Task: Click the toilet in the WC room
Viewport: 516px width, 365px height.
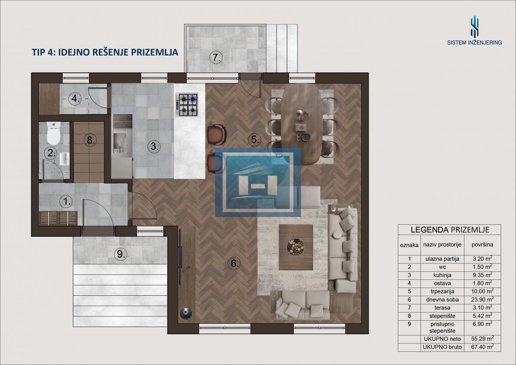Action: tap(54, 133)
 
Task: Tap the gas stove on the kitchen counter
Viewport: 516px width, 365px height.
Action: tap(187, 105)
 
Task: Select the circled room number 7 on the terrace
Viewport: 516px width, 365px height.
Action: tap(216, 57)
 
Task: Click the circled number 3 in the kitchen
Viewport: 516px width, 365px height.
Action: tap(154, 146)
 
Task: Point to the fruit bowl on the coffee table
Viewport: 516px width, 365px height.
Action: tap(295, 247)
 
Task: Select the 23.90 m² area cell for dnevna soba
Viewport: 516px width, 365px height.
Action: tap(482, 299)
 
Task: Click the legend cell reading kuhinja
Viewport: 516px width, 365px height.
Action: tap(442, 275)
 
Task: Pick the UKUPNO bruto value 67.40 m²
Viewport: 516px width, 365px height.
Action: tap(482, 346)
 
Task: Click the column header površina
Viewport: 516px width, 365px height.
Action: tap(482, 244)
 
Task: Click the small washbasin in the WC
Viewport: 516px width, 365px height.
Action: tap(65, 159)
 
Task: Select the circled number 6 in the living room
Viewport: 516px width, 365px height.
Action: tap(234, 263)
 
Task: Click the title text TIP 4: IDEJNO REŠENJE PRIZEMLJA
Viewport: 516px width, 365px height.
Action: tap(105, 53)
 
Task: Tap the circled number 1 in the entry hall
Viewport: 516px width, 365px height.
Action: tap(66, 201)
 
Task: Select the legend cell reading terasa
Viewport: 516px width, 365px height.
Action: tap(442, 308)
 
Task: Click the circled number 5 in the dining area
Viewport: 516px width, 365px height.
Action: tap(255, 139)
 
